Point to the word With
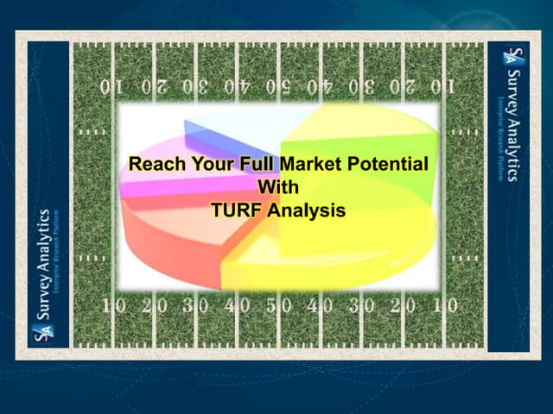pyautogui.click(x=276, y=185)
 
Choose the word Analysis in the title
pyautogui.click(x=307, y=209)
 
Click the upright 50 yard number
pyautogui.click(x=278, y=305)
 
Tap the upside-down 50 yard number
pyautogui.click(x=278, y=86)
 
